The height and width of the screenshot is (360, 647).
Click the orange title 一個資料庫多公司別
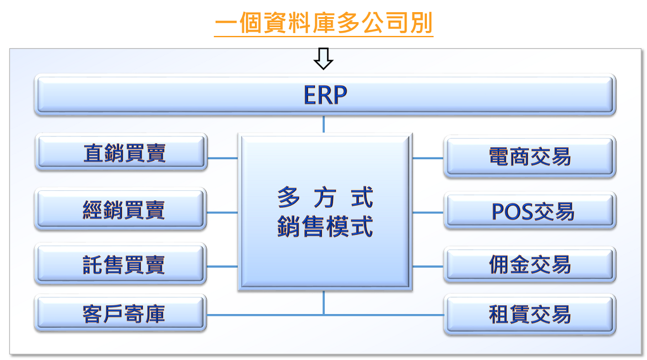tap(323, 23)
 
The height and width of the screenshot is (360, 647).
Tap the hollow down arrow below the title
tap(323, 59)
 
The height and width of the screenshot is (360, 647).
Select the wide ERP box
tap(325, 95)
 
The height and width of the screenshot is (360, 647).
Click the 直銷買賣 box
tap(121, 152)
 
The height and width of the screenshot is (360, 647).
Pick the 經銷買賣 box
tap(121, 209)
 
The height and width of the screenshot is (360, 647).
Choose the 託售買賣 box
tap(121, 264)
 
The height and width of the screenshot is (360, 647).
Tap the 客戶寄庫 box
tap(121, 313)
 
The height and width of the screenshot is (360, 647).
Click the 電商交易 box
tap(530, 156)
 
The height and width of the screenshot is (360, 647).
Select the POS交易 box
tap(530, 211)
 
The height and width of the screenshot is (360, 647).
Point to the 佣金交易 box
tap(530, 265)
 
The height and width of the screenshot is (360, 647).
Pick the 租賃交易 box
tap(530, 314)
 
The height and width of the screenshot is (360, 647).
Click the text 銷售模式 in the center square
tap(325, 226)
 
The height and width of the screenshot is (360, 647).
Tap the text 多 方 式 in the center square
tap(325, 197)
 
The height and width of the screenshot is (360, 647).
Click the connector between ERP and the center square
tap(323, 124)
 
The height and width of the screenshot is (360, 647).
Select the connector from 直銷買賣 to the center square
tap(222, 158)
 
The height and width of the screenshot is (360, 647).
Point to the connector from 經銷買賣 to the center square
tap(222, 212)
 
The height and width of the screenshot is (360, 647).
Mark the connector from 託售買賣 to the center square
tap(222, 267)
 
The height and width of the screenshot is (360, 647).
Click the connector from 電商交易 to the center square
tap(428, 158)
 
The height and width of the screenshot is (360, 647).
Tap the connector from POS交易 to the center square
tap(428, 212)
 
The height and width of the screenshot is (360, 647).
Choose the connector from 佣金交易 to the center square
tap(428, 267)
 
